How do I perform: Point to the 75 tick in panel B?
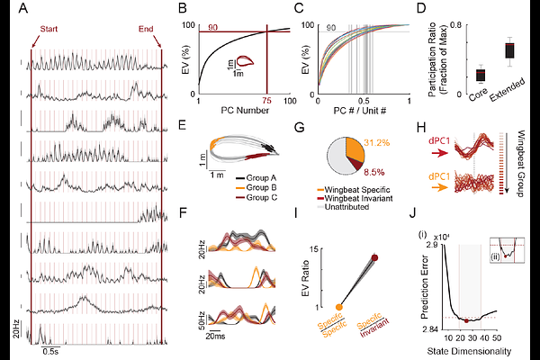267,101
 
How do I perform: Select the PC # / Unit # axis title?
352,112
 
